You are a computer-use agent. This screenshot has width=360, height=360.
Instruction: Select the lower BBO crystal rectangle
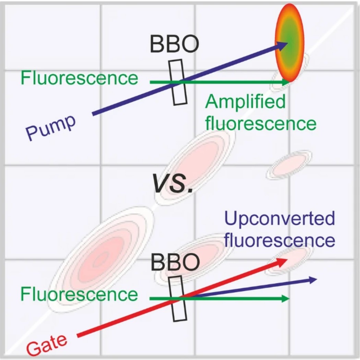pyautogui.click(x=178, y=298)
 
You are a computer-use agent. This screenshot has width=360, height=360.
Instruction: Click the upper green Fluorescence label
pyautogui.click(x=79, y=78)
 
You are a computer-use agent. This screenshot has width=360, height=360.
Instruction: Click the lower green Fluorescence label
pyautogui.click(x=79, y=294)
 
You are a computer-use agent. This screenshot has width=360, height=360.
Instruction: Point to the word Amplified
pyautogui.click(x=245, y=102)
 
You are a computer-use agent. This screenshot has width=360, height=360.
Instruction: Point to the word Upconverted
pyautogui.click(x=279, y=219)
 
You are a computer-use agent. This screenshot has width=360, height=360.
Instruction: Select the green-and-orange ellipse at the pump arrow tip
pyautogui.click(x=290, y=43)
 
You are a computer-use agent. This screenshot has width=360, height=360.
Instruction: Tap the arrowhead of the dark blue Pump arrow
pyautogui.click(x=283, y=44)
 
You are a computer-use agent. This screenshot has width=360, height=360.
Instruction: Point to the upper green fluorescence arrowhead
pyautogui.click(x=287, y=82)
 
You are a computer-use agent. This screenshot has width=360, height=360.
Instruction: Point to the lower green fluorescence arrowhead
pyautogui.click(x=287, y=299)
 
